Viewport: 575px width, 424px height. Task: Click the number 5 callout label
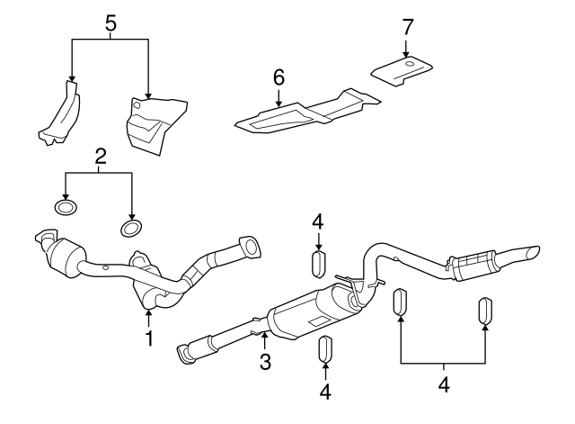(x=111, y=23)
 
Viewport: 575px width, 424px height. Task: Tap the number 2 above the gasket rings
(x=101, y=156)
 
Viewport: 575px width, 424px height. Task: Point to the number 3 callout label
(x=265, y=362)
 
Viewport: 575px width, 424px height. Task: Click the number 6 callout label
(x=279, y=79)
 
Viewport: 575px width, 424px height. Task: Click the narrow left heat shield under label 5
(x=58, y=113)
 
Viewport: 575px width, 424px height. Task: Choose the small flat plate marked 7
(x=403, y=71)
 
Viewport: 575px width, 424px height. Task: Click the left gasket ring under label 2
(x=66, y=209)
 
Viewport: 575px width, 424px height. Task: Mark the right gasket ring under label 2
(x=131, y=223)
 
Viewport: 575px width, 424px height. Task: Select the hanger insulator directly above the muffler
(x=317, y=266)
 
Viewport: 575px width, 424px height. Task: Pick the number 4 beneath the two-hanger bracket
(x=444, y=384)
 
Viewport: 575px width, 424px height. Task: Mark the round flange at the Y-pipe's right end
(x=247, y=245)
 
